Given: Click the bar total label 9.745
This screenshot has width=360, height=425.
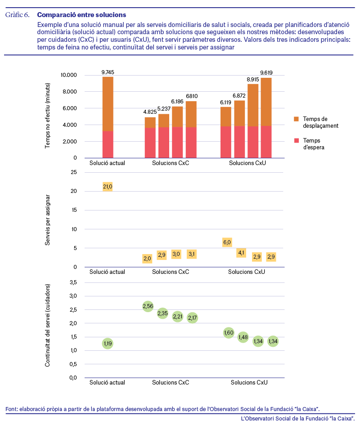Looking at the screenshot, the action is (x=108, y=72).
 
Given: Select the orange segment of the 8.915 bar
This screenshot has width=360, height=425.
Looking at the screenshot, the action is (x=253, y=105).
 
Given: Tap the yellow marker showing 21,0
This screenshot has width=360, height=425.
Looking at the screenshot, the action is (x=108, y=187).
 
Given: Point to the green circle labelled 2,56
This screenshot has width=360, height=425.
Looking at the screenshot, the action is (x=148, y=306).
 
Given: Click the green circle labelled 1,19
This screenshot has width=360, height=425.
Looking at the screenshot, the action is (x=108, y=344).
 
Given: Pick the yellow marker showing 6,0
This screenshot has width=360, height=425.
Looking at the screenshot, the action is (x=227, y=242).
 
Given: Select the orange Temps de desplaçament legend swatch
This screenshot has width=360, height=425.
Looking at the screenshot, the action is (x=296, y=119).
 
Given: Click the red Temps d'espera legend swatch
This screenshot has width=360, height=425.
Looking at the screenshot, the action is (x=296, y=140).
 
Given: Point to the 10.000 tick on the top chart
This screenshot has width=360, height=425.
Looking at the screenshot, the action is (x=69, y=75).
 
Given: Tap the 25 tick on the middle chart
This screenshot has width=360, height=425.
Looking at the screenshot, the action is (x=74, y=172).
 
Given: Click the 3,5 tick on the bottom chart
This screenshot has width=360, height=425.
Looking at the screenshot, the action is (x=73, y=282).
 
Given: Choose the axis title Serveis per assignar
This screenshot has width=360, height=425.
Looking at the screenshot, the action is (x=48, y=220).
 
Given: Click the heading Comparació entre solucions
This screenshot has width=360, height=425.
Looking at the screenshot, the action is (x=81, y=15).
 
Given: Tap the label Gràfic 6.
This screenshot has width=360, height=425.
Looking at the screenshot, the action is (x=18, y=15).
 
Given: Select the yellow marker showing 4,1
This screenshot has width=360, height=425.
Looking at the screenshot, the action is (x=241, y=253).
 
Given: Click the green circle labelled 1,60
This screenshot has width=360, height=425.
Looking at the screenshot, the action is (x=229, y=333).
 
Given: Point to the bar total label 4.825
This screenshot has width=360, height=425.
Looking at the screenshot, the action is (x=150, y=112).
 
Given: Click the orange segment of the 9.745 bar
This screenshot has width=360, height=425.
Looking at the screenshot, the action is (x=108, y=104).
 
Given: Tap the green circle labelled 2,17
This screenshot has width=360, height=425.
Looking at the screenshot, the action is (x=192, y=318).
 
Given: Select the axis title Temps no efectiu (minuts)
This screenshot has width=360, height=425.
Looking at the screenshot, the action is (x=48, y=116).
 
